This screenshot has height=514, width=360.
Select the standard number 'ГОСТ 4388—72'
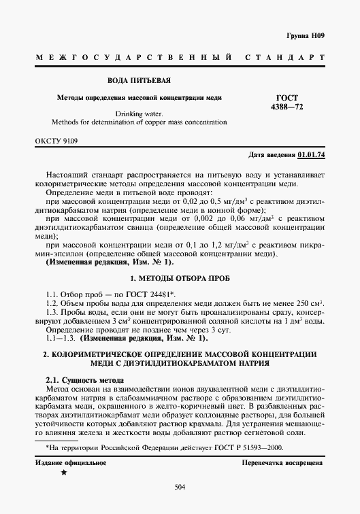tap(289, 103)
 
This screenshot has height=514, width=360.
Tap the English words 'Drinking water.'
tap(140, 114)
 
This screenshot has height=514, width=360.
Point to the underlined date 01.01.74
tap(312, 155)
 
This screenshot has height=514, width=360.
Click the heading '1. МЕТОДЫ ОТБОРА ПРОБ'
tap(179, 279)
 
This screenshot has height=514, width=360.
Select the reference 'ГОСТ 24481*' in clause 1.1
tap(150, 293)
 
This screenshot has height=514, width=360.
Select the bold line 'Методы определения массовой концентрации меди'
tap(139, 98)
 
